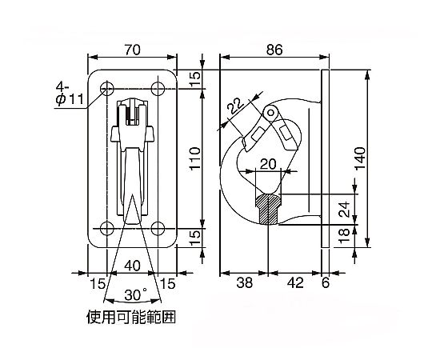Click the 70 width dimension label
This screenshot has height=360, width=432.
click(132, 50)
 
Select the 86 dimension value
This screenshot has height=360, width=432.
click(274, 50)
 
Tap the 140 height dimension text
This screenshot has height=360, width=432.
click(360, 158)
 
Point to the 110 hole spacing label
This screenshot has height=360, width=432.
click(195, 159)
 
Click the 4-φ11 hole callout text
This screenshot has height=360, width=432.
click(69, 94)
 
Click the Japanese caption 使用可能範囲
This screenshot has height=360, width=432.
click(131, 317)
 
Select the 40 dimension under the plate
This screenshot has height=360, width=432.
click(132, 266)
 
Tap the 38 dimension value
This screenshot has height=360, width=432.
click(244, 282)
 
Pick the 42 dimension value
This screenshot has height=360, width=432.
click(295, 282)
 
